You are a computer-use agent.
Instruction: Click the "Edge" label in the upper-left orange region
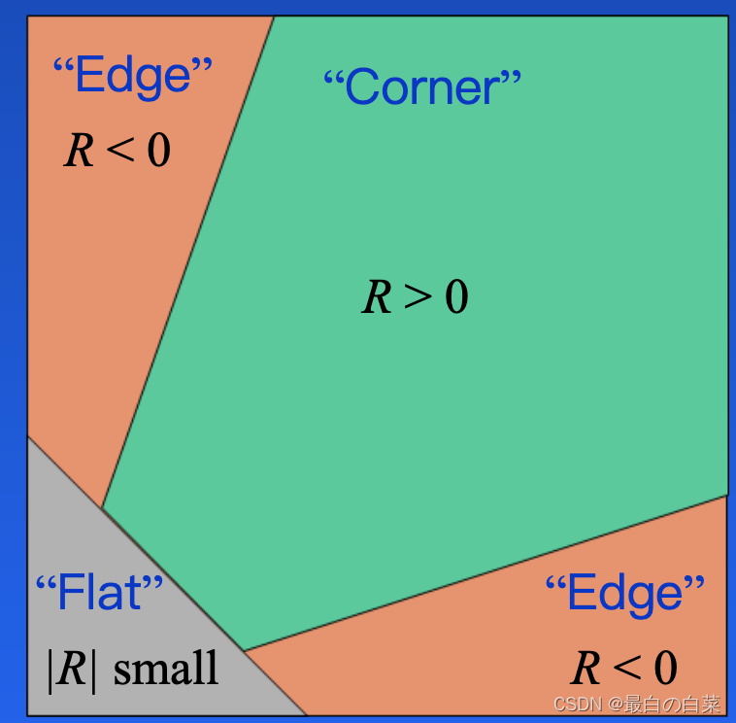click(132, 75)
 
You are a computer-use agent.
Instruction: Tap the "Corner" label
click(421, 88)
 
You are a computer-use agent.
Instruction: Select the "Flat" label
click(99, 592)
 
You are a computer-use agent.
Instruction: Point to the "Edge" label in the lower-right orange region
click(624, 593)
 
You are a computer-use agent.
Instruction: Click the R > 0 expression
click(415, 296)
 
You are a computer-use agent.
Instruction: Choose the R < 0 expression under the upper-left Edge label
click(117, 150)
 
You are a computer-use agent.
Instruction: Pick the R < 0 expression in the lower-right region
click(623, 668)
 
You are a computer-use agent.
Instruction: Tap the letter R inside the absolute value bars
click(73, 671)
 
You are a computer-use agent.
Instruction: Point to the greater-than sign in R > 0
click(418, 297)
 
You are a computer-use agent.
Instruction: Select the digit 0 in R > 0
click(456, 296)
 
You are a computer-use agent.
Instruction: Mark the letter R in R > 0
click(377, 296)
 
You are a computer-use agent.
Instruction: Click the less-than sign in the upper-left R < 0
click(120, 151)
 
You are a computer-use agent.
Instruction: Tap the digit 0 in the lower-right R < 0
click(665, 668)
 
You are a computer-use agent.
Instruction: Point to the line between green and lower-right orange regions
click(485, 573)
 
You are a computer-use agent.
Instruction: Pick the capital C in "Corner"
click(360, 88)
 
